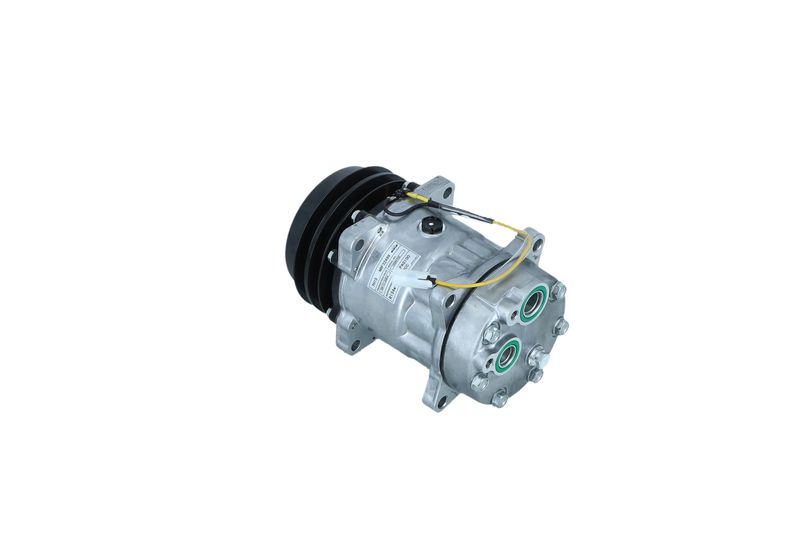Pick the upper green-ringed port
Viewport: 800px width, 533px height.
point(531,304)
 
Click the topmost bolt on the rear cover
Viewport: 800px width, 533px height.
point(558,290)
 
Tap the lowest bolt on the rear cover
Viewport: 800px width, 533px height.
point(499,397)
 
